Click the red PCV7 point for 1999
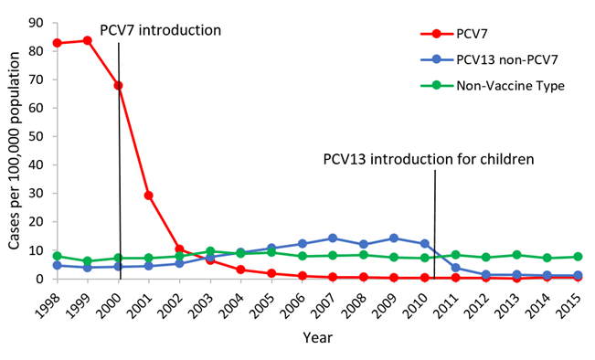tap(88, 40)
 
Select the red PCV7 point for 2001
tap(149, 196)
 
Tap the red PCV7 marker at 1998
tap(57, 43)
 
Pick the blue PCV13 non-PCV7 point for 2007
tap(333, 238)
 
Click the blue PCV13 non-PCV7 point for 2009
tap(394, 238)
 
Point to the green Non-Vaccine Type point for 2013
tap(517, 255)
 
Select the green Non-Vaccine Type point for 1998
tap(57, 256)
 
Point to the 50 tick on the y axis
tap(37, 136)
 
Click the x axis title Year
tap(317, 337)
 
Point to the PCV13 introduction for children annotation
tap(428, 158)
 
